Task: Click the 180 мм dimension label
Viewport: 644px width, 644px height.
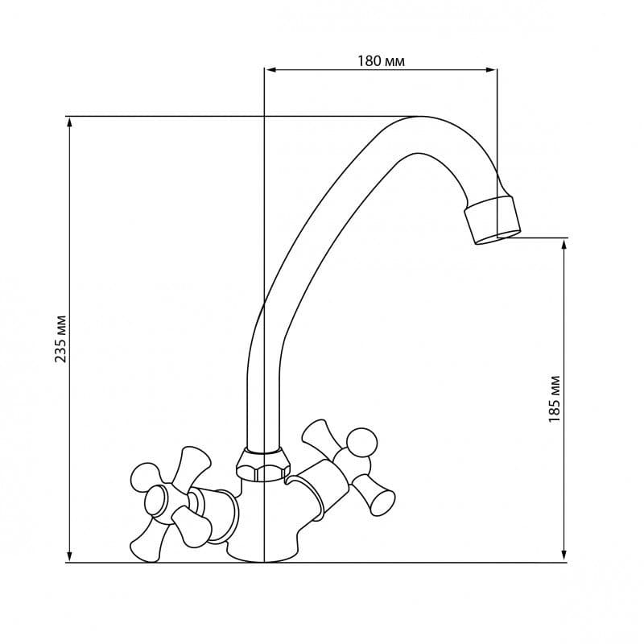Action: point(381,61)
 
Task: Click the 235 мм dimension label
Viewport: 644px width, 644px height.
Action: point(61,339)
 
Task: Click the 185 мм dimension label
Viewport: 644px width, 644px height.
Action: point(555,399)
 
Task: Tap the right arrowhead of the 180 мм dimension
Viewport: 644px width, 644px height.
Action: point(491,70)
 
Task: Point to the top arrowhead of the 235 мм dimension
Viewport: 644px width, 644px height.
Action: point(70,123)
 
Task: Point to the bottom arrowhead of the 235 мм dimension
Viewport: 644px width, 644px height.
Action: point(70,556)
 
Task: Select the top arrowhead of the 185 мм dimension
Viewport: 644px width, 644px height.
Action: point(565,245)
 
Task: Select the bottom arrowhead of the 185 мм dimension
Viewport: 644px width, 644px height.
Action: point(565,556)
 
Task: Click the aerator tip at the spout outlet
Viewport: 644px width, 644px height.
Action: point(493,221)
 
